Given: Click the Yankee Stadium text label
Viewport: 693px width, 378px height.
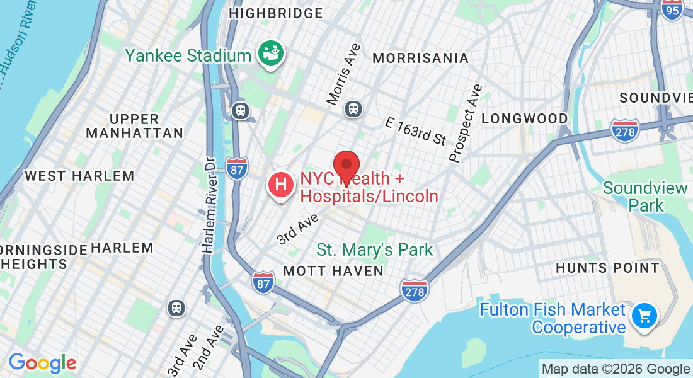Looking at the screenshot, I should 188,55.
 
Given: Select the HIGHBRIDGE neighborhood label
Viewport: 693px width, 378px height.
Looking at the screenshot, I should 276,13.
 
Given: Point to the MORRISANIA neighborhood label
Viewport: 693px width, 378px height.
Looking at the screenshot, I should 420,59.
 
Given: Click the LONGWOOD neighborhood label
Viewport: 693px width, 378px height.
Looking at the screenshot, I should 524,118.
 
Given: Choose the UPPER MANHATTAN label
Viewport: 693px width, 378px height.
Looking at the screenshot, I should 134,126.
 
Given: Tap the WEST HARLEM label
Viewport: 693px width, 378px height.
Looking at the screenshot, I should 79,176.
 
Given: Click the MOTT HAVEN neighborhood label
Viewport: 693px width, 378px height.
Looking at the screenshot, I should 333,271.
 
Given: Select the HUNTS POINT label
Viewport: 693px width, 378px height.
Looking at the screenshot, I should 607,268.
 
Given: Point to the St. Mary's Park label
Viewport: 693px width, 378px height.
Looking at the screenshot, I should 375,249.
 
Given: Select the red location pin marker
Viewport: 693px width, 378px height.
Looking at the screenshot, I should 346,168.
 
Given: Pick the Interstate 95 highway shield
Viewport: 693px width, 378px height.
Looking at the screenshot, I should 673,9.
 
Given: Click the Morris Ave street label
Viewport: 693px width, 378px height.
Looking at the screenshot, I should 344,74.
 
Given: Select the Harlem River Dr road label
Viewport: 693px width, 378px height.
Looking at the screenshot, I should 209,205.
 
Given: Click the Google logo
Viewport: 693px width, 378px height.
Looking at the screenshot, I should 42,363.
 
